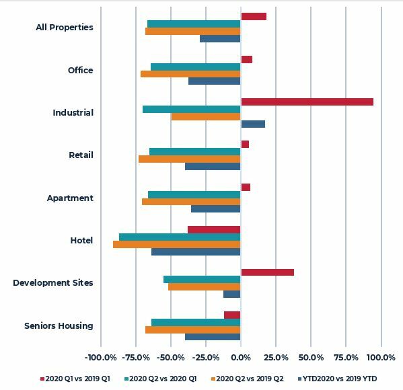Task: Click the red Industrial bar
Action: point(307,102)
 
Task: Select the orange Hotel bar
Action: point(177,244)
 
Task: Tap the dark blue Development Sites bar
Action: point(232,294)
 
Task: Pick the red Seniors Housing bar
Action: point(232,315)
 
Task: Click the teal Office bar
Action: point(196,67)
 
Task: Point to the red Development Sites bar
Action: point(268,272)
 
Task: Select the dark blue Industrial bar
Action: point(253,124)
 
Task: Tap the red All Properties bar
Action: point(254,16)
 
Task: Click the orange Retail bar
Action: point(190,159)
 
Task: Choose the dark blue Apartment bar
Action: point(216,209)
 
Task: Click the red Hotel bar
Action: point(214,230)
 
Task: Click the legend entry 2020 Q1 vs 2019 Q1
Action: point(75,379)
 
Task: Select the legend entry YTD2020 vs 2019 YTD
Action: point(338,379)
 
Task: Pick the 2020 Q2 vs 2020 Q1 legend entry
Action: point(160,379)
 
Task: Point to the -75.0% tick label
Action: point(136,358)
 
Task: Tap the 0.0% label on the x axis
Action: point(241,358)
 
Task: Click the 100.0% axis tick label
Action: point(381,358)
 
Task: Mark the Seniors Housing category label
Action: point(59,325)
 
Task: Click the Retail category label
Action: point(81,155)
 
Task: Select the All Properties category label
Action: point(65,28)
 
